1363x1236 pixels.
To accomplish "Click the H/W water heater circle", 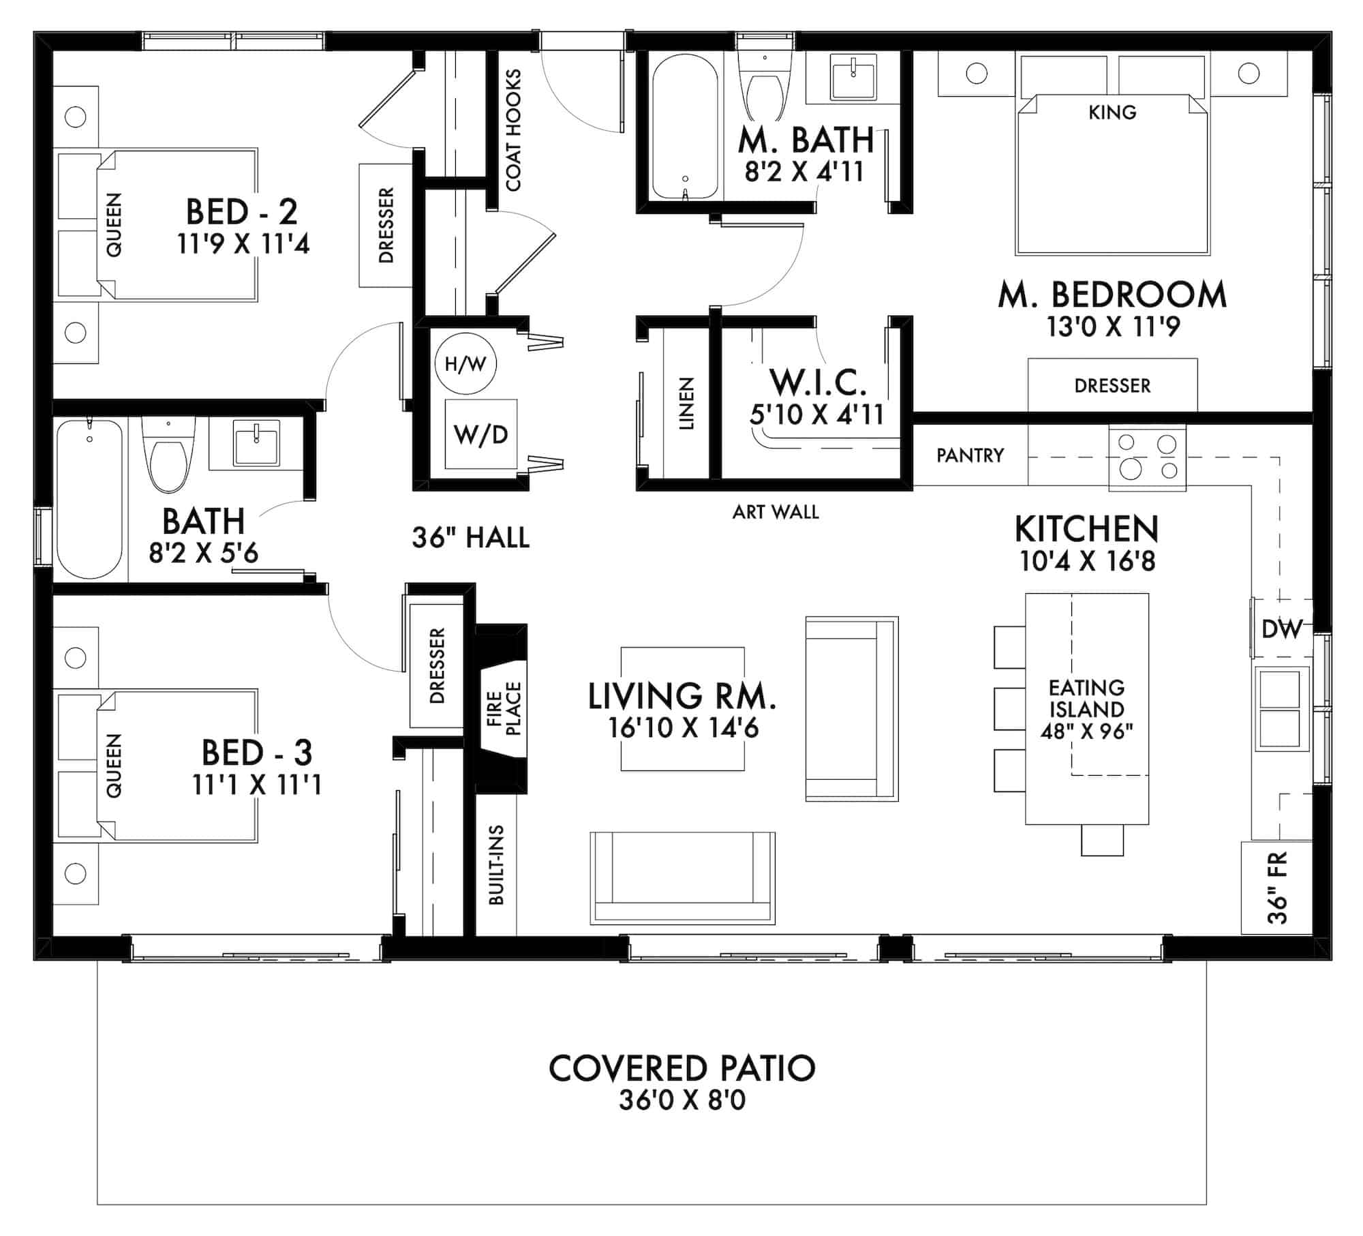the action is pyautogui.click(x=465, y=364).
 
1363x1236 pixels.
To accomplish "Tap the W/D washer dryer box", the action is pyautogui.click(x=480, y=434).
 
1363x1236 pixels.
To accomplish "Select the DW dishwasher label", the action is pyautogui.click(x=1282, y=629).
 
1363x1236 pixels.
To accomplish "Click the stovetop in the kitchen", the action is pyautogui.click(x=1148, y=457).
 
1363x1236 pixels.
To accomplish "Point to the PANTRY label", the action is pyautogui.click(x=970, y=455).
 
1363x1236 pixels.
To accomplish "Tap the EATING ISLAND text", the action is pyautogui.click(x=1086, y=698).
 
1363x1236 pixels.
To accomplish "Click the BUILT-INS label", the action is pyautogui.click(x=496, y=865).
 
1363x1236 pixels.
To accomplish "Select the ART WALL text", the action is pyautogui.click(x=776, y=512).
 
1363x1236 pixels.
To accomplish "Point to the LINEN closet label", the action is pyautogui.click(x=686, y=403).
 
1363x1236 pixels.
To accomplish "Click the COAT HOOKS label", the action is pyautogui.click(x=513, y=130).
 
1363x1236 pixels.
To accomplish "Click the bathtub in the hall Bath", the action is pyautogui.click(x=90, y=500).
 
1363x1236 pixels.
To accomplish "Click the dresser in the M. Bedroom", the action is pyautogui.click(x=1112, y=385).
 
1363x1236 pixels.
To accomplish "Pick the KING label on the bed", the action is pyautogui.click(x=1112, y=112).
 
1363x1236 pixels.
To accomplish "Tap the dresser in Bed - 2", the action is pyautogui.click(x=386, y=225).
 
